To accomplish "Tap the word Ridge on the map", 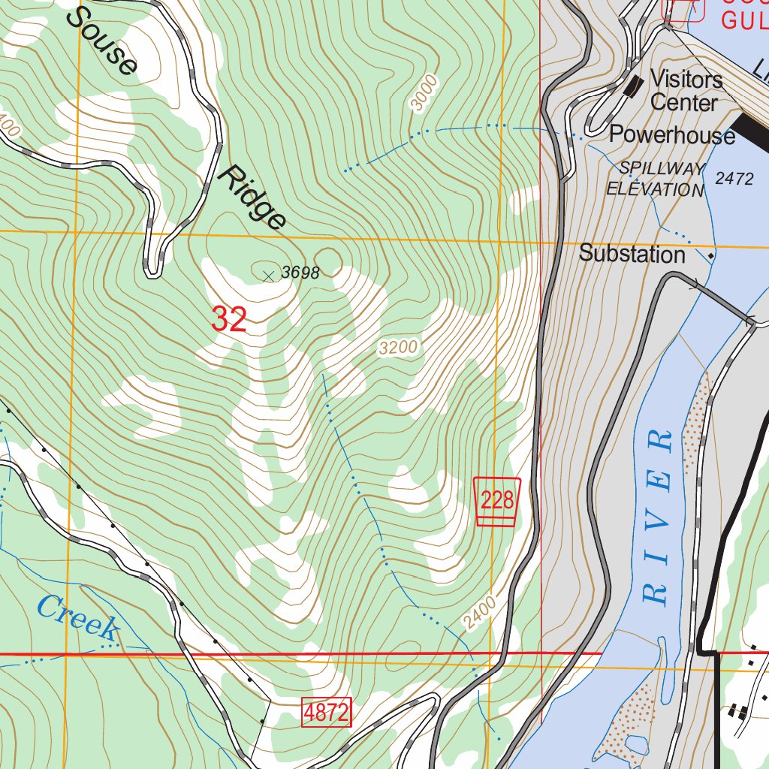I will [252, 198].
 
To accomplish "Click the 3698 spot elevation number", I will [300, 273].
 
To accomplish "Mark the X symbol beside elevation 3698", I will [268, 276].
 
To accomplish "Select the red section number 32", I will [229, 320].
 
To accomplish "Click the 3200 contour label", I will [398, 348].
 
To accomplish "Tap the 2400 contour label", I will [480, 613].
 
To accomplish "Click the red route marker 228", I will [497, 500].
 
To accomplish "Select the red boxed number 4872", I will [327, 713].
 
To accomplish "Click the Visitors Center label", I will [685, 90].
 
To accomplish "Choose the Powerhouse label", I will [671, 135].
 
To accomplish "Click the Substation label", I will [632, 255].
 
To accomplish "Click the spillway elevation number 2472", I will [734, 179].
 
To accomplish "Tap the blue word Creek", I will [77, 617].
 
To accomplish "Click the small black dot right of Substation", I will [710, 256].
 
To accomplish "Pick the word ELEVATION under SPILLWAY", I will [655, 189].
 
